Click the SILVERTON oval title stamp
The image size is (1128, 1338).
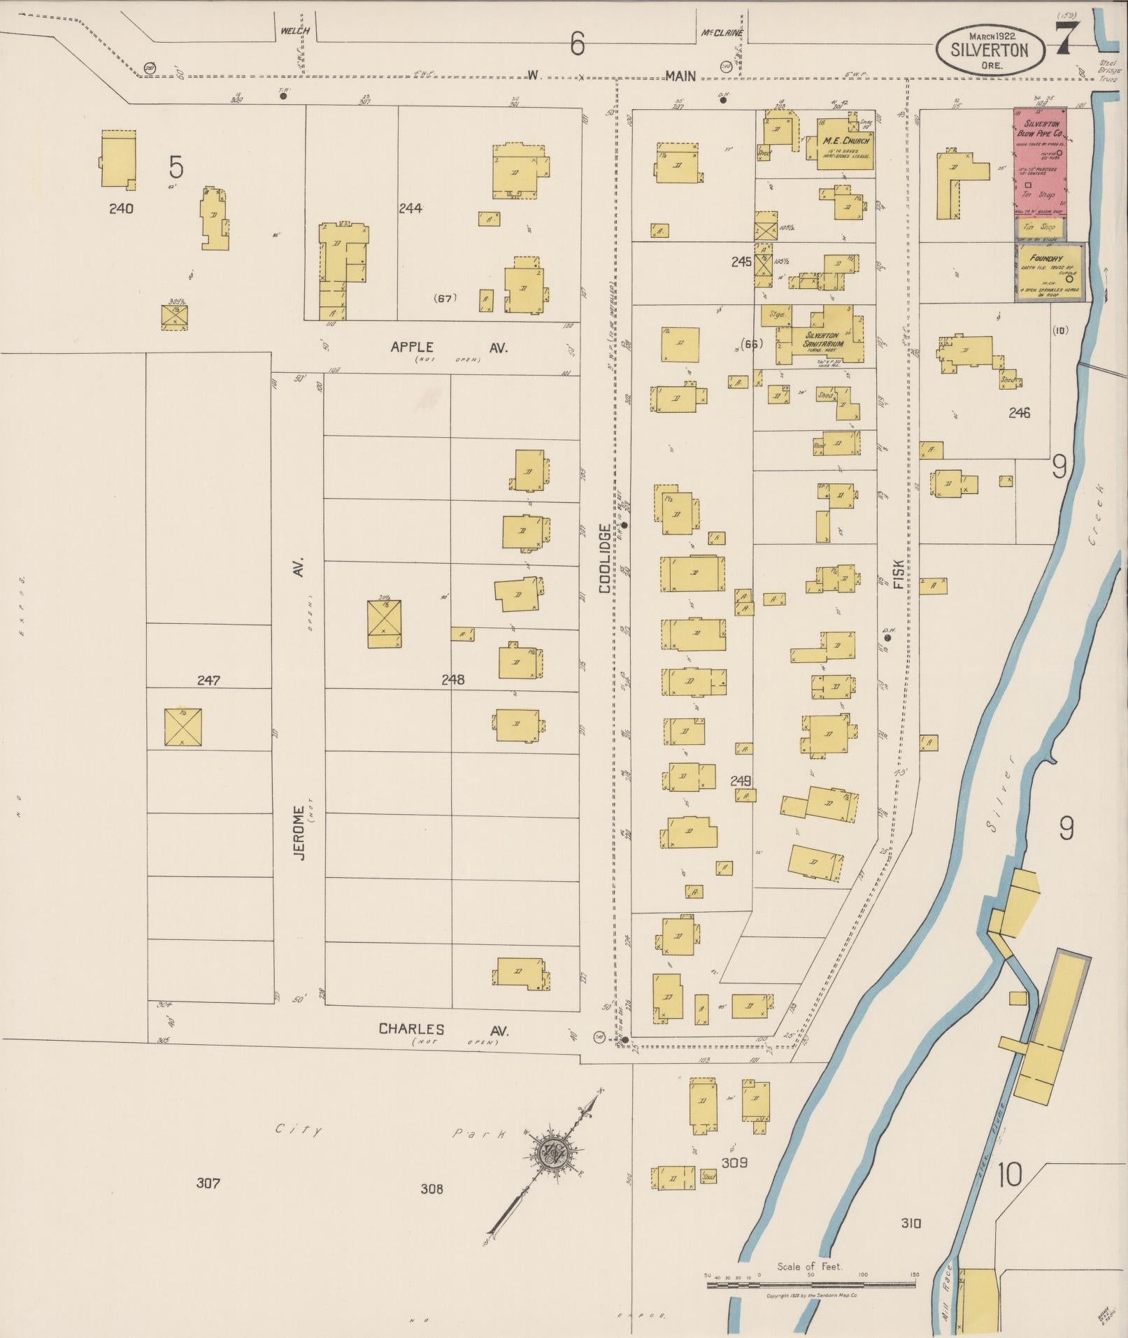990,49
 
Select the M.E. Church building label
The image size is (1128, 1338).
846,141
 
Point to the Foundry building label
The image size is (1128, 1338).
1046,258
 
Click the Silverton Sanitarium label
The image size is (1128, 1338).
824,340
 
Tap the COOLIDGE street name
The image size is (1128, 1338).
604,558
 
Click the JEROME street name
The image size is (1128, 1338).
299,832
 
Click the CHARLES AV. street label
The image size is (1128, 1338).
443,1030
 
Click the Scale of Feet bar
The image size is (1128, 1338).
811,1284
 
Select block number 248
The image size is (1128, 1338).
452,679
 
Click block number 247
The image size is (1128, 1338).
208,679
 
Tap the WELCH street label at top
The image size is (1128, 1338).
294,31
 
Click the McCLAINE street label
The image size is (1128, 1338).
721,33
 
